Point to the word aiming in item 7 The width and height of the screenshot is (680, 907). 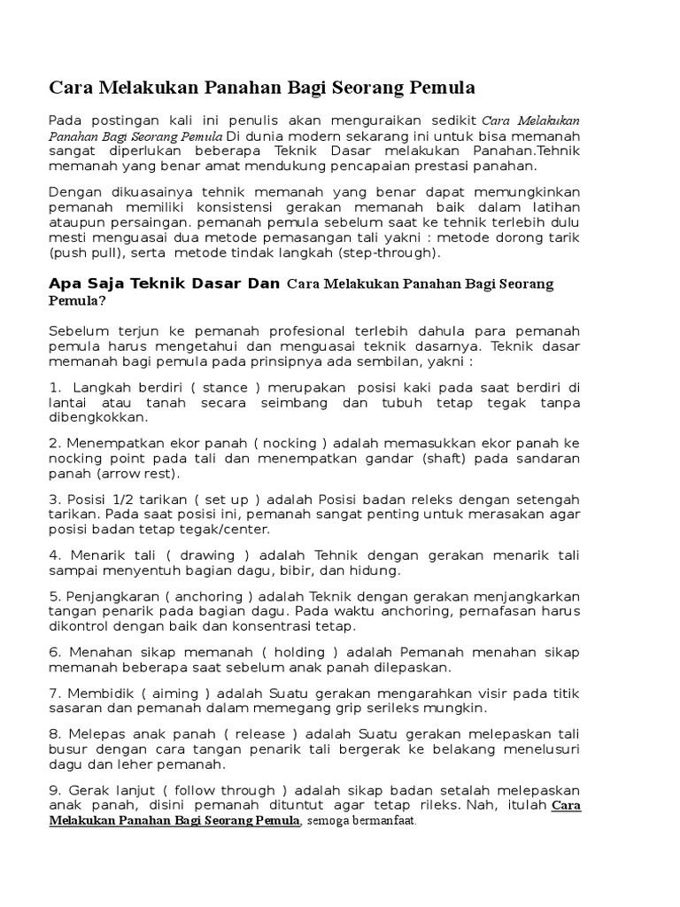click(x=183, y=693)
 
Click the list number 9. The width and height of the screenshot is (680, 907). click(x=54, y=789)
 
